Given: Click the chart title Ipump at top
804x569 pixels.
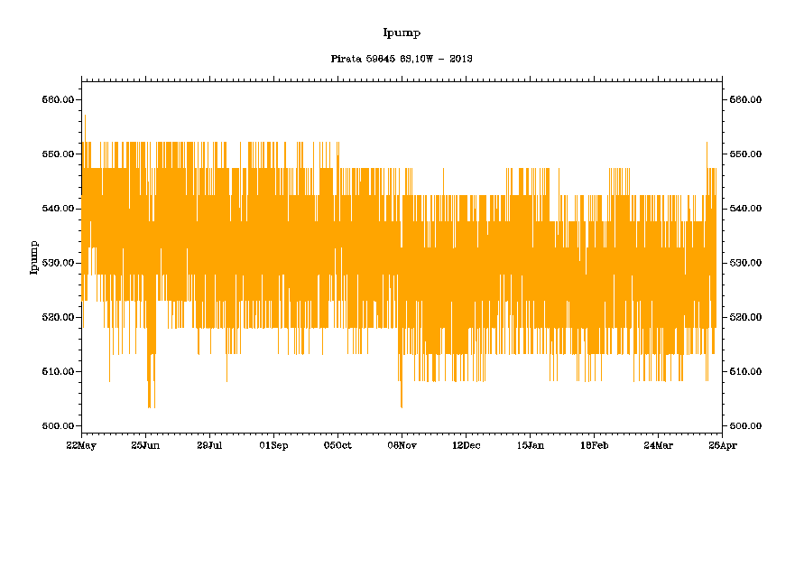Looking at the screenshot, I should coord(402,33).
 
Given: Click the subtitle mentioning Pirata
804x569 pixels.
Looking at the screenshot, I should coord(402,59).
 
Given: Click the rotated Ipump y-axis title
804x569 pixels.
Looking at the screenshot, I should coord(34,257).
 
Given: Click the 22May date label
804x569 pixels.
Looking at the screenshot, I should coord(81,445).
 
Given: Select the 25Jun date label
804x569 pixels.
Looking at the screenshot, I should coord(145,445).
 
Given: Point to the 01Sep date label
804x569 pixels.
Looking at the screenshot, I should coord(273,445).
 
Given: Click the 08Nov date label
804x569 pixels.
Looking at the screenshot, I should coord(402,445).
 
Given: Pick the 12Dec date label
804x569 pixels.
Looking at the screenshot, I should coord(466,445).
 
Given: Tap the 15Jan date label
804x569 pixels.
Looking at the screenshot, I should coord(530,445).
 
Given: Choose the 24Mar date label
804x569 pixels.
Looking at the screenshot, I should coord(658,445).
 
